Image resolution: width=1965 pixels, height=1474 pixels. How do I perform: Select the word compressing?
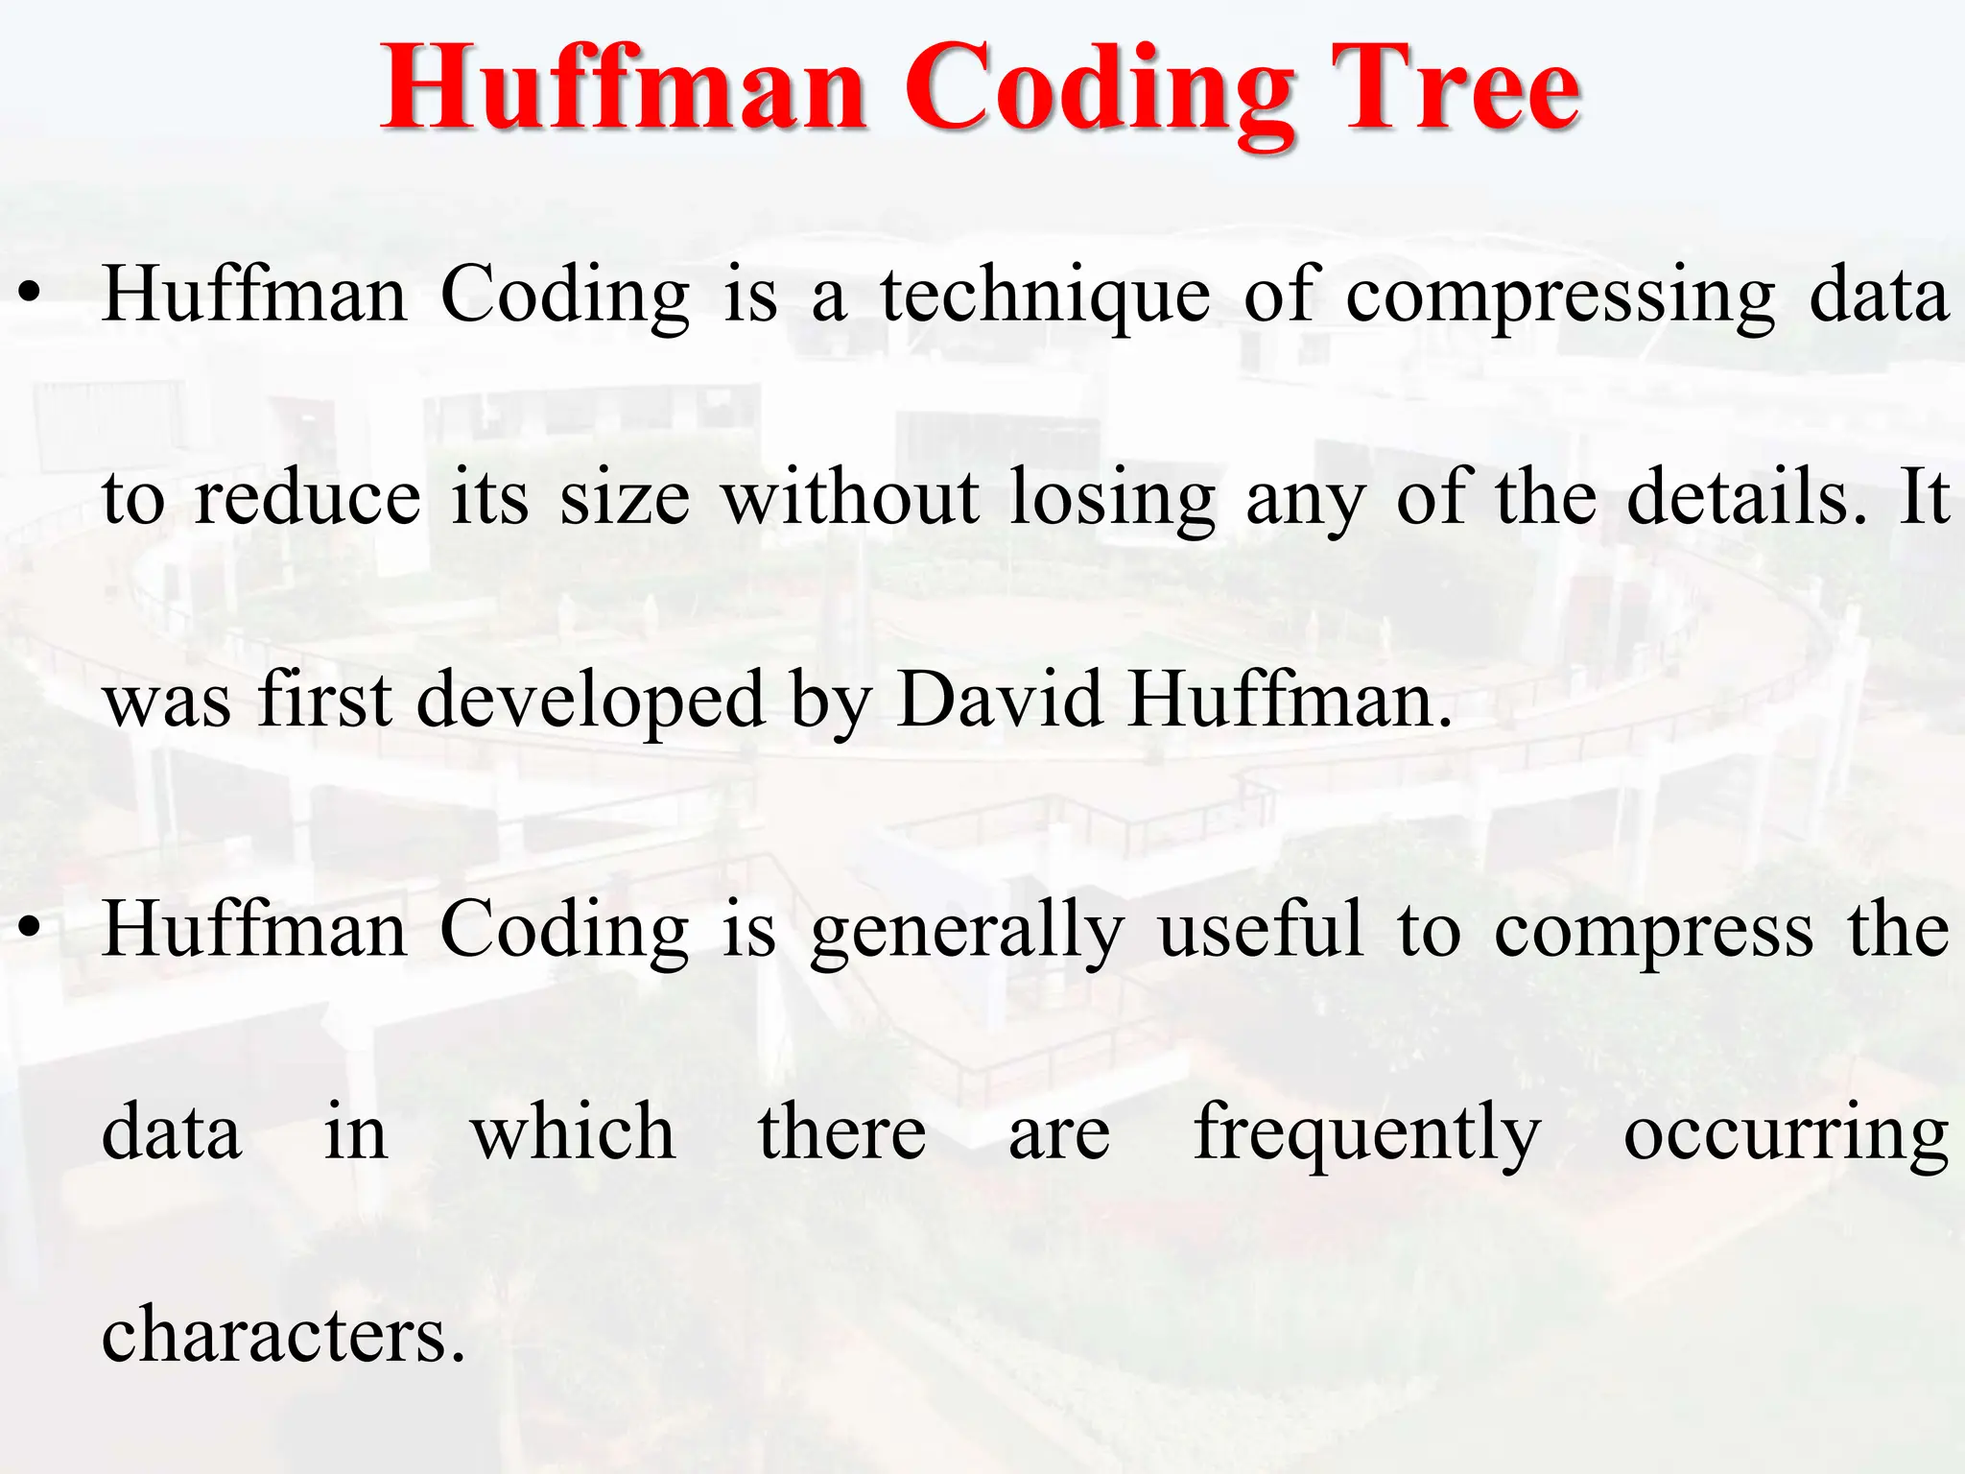point(1560,297)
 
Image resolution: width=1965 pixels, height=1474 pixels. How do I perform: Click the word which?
point(573,1132)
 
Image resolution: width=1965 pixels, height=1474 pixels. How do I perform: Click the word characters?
point(283,1335)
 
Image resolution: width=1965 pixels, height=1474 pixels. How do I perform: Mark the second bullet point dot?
point(31,928)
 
